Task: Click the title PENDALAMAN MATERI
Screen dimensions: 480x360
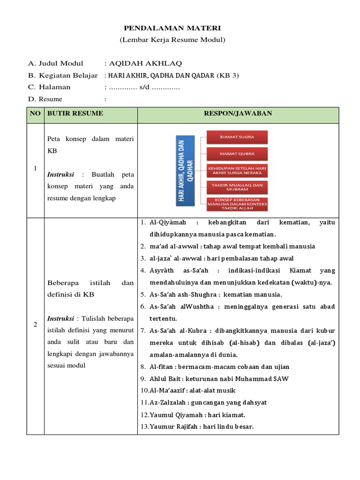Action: click(x=172, y=29)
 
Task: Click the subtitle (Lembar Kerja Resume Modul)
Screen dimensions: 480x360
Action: click(x=172, y=40)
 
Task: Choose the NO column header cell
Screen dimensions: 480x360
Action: click(x=35, y=114)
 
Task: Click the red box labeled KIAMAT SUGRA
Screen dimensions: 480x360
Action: click(x=237, y=137)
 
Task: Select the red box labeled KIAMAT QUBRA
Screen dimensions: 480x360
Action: click(x=237, y=154)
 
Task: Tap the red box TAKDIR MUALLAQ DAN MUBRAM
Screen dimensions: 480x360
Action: click(x=237, y=187)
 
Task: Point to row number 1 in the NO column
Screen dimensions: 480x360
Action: click(x=35, y=169)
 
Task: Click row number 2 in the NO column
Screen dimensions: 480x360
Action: click(x=35, y=325)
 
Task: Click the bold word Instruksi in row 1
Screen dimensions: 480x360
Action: click(x=60, y=174)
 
